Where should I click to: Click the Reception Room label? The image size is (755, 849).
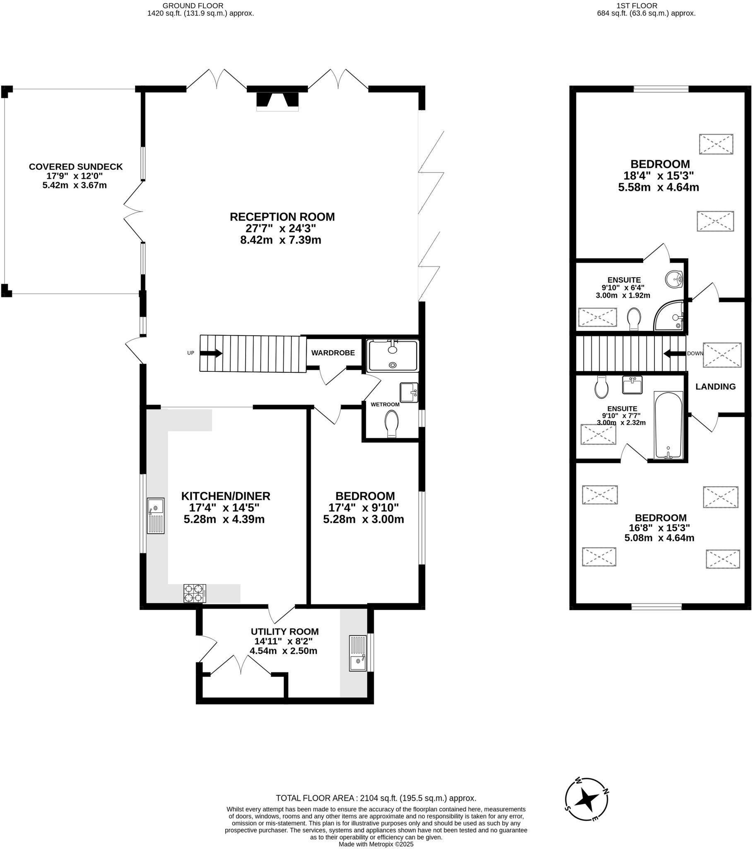click(x=282, y=217)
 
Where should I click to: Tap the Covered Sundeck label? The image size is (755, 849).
click(x=75, y=167)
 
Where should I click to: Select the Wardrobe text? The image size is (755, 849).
click(x=333, y=353)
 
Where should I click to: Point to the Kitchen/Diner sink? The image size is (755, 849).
click(x=156, y=515)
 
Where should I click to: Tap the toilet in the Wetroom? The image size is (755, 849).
click(x=391, y=424)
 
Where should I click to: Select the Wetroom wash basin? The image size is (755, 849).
click(x=408, y=393)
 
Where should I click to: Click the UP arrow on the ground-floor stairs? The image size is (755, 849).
click(x=211, y=354)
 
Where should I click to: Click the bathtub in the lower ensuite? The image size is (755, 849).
click(x=668, y=425)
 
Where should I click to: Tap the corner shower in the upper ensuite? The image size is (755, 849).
click(x=670, y=316)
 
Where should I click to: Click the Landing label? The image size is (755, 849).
click(x=716, y=387)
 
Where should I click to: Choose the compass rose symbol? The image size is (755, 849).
click(x=586, y=799)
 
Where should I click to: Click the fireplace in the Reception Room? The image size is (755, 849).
click(x=277, y=101)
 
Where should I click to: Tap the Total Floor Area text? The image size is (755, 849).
click(x=376, y=798)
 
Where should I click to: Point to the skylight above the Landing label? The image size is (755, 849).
click(x=722, y=355)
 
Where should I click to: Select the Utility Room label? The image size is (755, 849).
click(x=285, y=632)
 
